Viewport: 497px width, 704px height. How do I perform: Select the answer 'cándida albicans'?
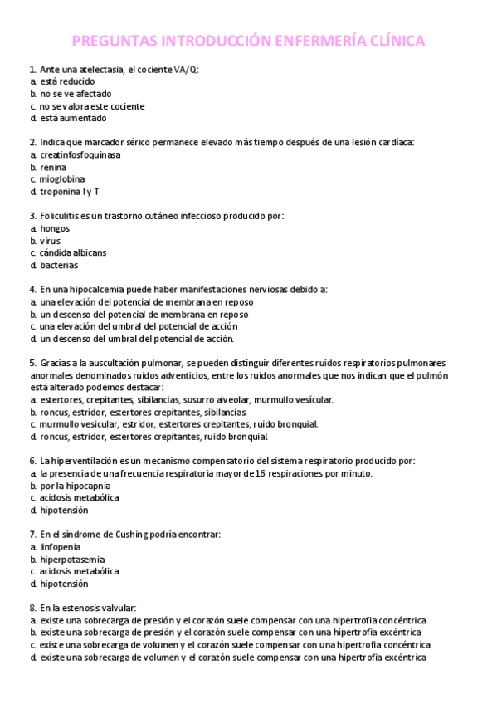73,252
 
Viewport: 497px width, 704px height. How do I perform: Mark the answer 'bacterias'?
59,265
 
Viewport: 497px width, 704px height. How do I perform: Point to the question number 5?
32,363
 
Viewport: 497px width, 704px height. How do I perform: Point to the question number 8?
32,608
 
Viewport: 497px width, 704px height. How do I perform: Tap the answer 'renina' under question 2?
53,167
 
